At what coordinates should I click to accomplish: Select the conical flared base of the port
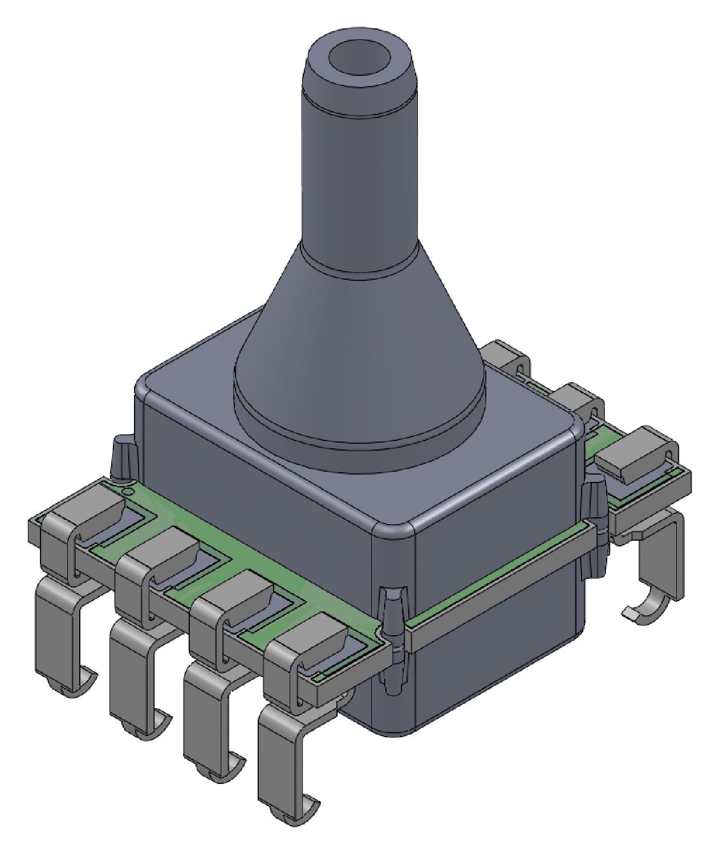tap(359, 319)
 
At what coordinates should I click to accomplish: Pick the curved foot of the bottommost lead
tap(302, 809)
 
